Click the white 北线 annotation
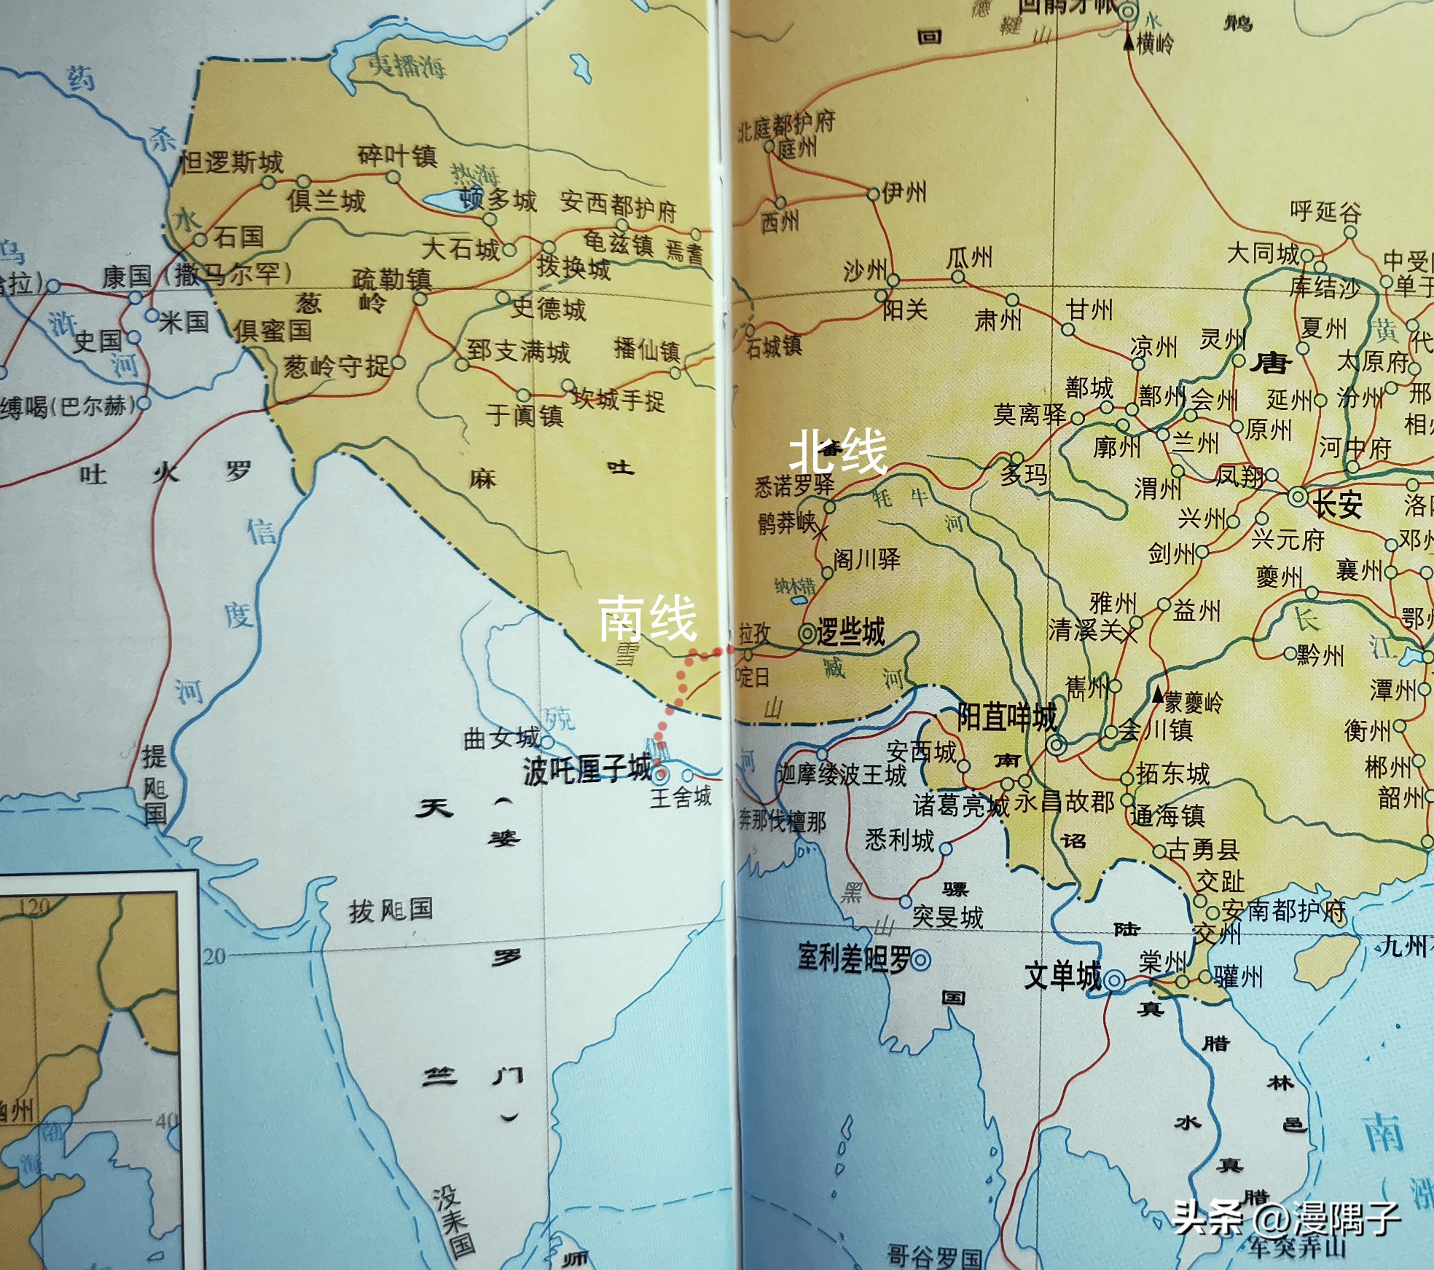coord(838,451)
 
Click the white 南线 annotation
coord(647,618)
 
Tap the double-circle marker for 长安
coord(1297,498)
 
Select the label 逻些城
coord(850,631)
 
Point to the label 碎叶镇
coord(396,156)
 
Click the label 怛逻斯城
coord(232,162)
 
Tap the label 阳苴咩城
coord(1007,717)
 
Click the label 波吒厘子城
coord(587,770)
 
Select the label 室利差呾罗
coord(854,958)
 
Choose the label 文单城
coord(1062,976)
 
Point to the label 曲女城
coord(501,738)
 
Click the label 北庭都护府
coord(785,125)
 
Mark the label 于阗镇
coord(525,415)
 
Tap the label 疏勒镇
coord(392,278)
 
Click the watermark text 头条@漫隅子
coord(1286,1218)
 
